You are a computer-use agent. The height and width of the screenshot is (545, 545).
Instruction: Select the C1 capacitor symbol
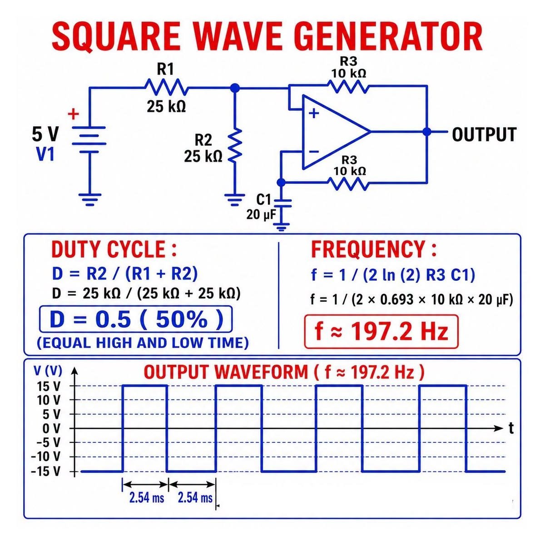click(x=282, y=203)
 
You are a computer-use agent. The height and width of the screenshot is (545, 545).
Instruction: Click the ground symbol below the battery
click(x=89, y=200)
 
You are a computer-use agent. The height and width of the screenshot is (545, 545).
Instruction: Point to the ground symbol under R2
click(x=235, y=200)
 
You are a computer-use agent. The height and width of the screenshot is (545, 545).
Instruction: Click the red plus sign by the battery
click(x=73, y=114)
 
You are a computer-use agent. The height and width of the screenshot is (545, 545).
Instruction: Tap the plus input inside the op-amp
click(x=314, y=114)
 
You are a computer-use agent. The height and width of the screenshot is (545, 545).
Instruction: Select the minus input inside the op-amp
click(x=314, y=152)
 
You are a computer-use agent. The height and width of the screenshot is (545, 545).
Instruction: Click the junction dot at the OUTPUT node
click(x=427, y=132)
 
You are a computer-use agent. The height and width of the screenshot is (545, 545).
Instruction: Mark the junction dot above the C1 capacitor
click(x=281, y=183)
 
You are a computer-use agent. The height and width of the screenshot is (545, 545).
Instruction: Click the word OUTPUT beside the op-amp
click(x=484, y=134)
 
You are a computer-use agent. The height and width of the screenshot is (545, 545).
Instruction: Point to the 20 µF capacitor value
click(x=261, y=215)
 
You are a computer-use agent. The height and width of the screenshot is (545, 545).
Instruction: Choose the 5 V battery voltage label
click(x=45, y=134)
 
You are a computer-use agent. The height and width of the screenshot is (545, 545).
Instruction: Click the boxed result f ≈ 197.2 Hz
click(x=381, y=331)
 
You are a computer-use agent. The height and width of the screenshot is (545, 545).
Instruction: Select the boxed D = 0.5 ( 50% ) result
click(x=136, y=319)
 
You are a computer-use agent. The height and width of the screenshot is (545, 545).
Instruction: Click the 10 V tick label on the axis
click(x=48, y=400)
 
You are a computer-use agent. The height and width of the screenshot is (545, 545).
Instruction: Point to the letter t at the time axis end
click(x=511, y=428)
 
